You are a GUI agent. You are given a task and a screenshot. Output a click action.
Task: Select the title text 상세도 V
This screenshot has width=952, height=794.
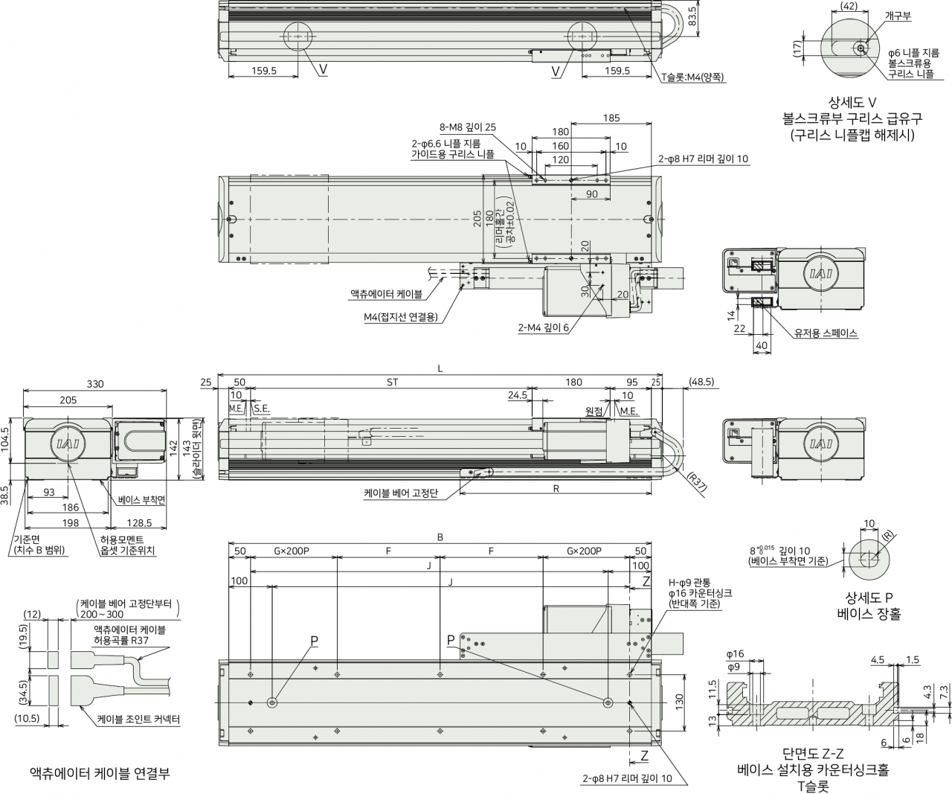852,102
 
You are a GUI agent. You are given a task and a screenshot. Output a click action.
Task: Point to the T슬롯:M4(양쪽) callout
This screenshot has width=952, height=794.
693,77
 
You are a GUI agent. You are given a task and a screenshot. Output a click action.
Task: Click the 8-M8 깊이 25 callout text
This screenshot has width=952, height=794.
467,127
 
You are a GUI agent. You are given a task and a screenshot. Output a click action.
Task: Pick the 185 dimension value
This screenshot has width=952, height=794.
611,118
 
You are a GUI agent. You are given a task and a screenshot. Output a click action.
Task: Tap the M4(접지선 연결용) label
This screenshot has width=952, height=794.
401,317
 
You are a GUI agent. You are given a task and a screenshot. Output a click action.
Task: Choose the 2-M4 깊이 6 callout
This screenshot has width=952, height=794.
544,327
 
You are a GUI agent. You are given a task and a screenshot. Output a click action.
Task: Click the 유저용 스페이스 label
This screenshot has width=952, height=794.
826,333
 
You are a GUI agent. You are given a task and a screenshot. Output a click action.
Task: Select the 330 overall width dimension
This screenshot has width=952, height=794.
95,384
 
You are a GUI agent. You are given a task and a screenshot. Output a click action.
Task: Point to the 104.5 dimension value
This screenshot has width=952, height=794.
5,440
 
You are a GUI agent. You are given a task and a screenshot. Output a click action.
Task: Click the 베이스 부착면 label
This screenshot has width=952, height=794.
142,500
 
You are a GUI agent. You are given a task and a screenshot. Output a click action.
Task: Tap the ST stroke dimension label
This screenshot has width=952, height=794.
392,382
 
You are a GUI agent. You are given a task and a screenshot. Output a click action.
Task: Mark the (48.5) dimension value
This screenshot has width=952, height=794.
701,382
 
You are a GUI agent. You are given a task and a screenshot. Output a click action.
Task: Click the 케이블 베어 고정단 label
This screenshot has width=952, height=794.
401,493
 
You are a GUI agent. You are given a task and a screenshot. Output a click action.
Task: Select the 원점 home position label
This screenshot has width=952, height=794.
594,412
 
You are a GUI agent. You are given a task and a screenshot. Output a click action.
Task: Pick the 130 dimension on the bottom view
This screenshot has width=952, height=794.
679,702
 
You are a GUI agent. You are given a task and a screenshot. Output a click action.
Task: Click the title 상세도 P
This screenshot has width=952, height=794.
869,597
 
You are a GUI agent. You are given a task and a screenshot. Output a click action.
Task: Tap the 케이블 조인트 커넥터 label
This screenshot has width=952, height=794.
138,720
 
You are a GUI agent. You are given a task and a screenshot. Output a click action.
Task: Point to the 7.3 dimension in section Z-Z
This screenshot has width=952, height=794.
945,693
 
